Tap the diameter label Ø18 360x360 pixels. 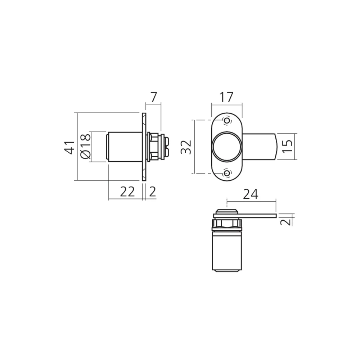tap(86, 146)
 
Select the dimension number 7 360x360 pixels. tap(153, 97)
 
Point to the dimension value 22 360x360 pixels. tap(127, 192)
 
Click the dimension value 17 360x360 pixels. tap(226, 97)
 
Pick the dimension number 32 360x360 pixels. tap(186, 147)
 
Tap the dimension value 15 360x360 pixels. tap(287, 147)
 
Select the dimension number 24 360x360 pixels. tap(251, 194)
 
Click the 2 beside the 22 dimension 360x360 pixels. tap(152, 192)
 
